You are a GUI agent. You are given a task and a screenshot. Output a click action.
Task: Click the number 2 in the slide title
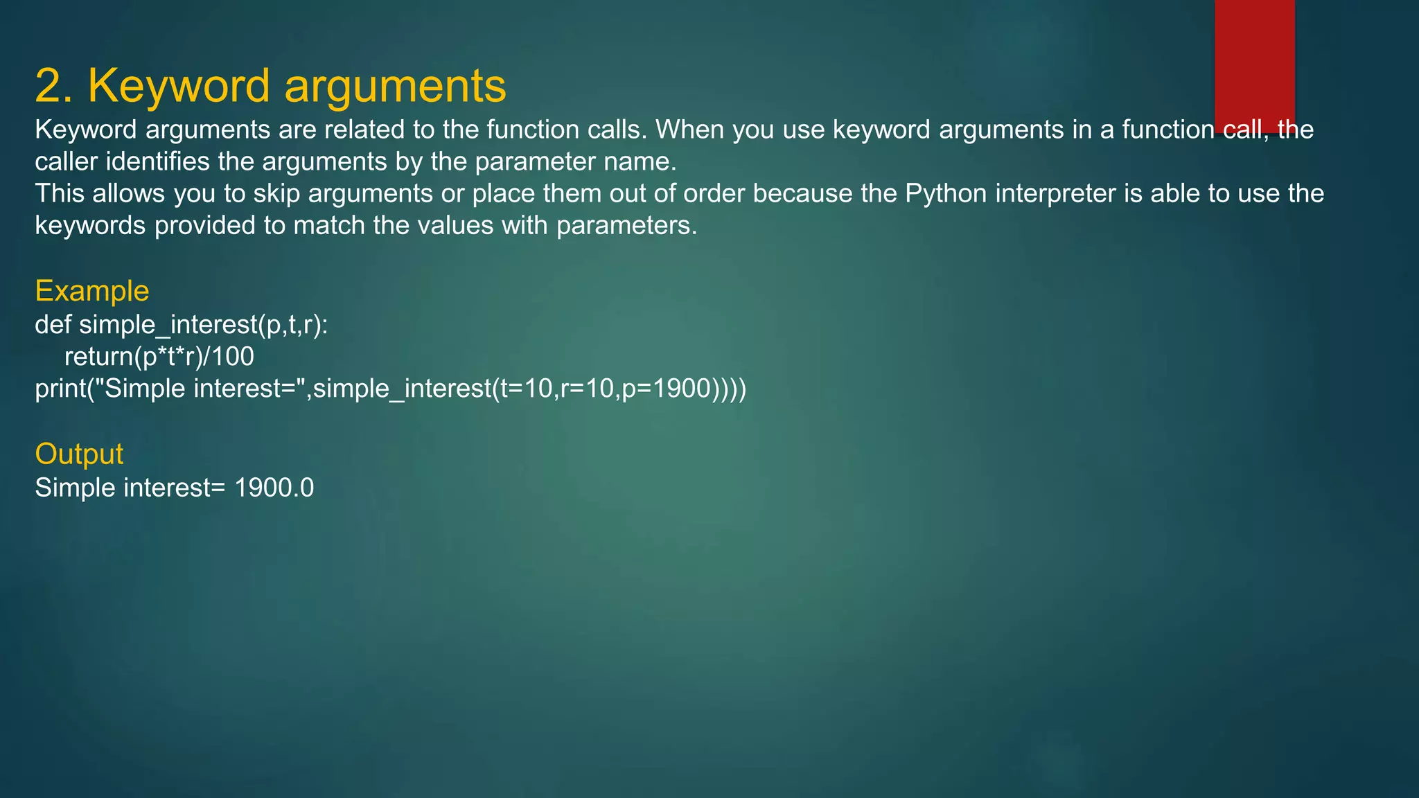click(x=52, y=86)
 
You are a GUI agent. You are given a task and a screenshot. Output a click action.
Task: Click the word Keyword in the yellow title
click(x=179, y=86)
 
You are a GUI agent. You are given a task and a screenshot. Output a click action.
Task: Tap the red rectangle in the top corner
click(x=1254, y=62)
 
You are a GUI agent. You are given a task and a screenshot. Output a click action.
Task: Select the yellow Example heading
click(x=92, y=291)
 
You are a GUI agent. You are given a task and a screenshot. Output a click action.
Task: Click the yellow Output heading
click(x=79, y=454)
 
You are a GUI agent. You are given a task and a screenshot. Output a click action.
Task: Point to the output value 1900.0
click(x=274, y=488)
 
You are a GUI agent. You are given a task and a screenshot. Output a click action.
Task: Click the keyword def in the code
click(x=53, y=324)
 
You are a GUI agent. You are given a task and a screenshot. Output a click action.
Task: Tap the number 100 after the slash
click(x=233, y=356)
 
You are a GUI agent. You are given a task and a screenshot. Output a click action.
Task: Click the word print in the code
click(x=60, y=389)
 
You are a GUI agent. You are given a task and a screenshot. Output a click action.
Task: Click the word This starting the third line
click(x=60, y=193)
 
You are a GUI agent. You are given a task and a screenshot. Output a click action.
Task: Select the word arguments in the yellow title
click(x=395, y=86)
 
